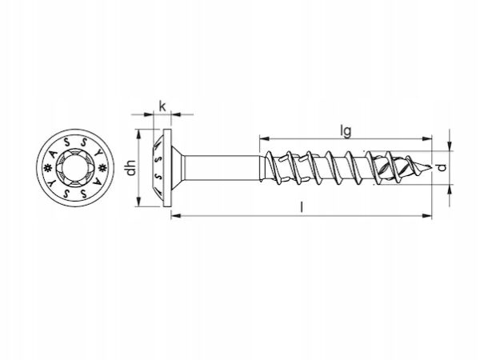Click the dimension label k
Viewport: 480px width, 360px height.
[x=162, y=106]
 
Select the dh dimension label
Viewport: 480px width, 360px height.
[x=132, y=168]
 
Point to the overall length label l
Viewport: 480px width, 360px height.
[x=302, y=207]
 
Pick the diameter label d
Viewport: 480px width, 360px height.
[x=441, y=168]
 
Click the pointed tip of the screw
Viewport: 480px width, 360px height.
[x=431, y=167]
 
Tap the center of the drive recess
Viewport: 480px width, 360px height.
[x=75, y=167]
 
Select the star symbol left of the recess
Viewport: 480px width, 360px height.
[x=48, y=167]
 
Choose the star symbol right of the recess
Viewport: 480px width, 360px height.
[x=102, y=167]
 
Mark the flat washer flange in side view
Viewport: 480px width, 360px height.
[x=167, y=168]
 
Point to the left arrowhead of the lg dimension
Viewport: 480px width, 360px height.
[x=264, y=138]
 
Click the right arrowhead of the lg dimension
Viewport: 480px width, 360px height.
[x=427, y=138]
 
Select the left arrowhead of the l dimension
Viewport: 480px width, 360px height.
[x=176, y=216]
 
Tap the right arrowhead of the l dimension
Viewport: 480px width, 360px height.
[x=427, y=216]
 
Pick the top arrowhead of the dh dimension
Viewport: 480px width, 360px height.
[x=138, y=134]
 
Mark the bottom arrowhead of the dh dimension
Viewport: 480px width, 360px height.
[x=138, y=202]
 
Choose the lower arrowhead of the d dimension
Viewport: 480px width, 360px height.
[x=450, y=190]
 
